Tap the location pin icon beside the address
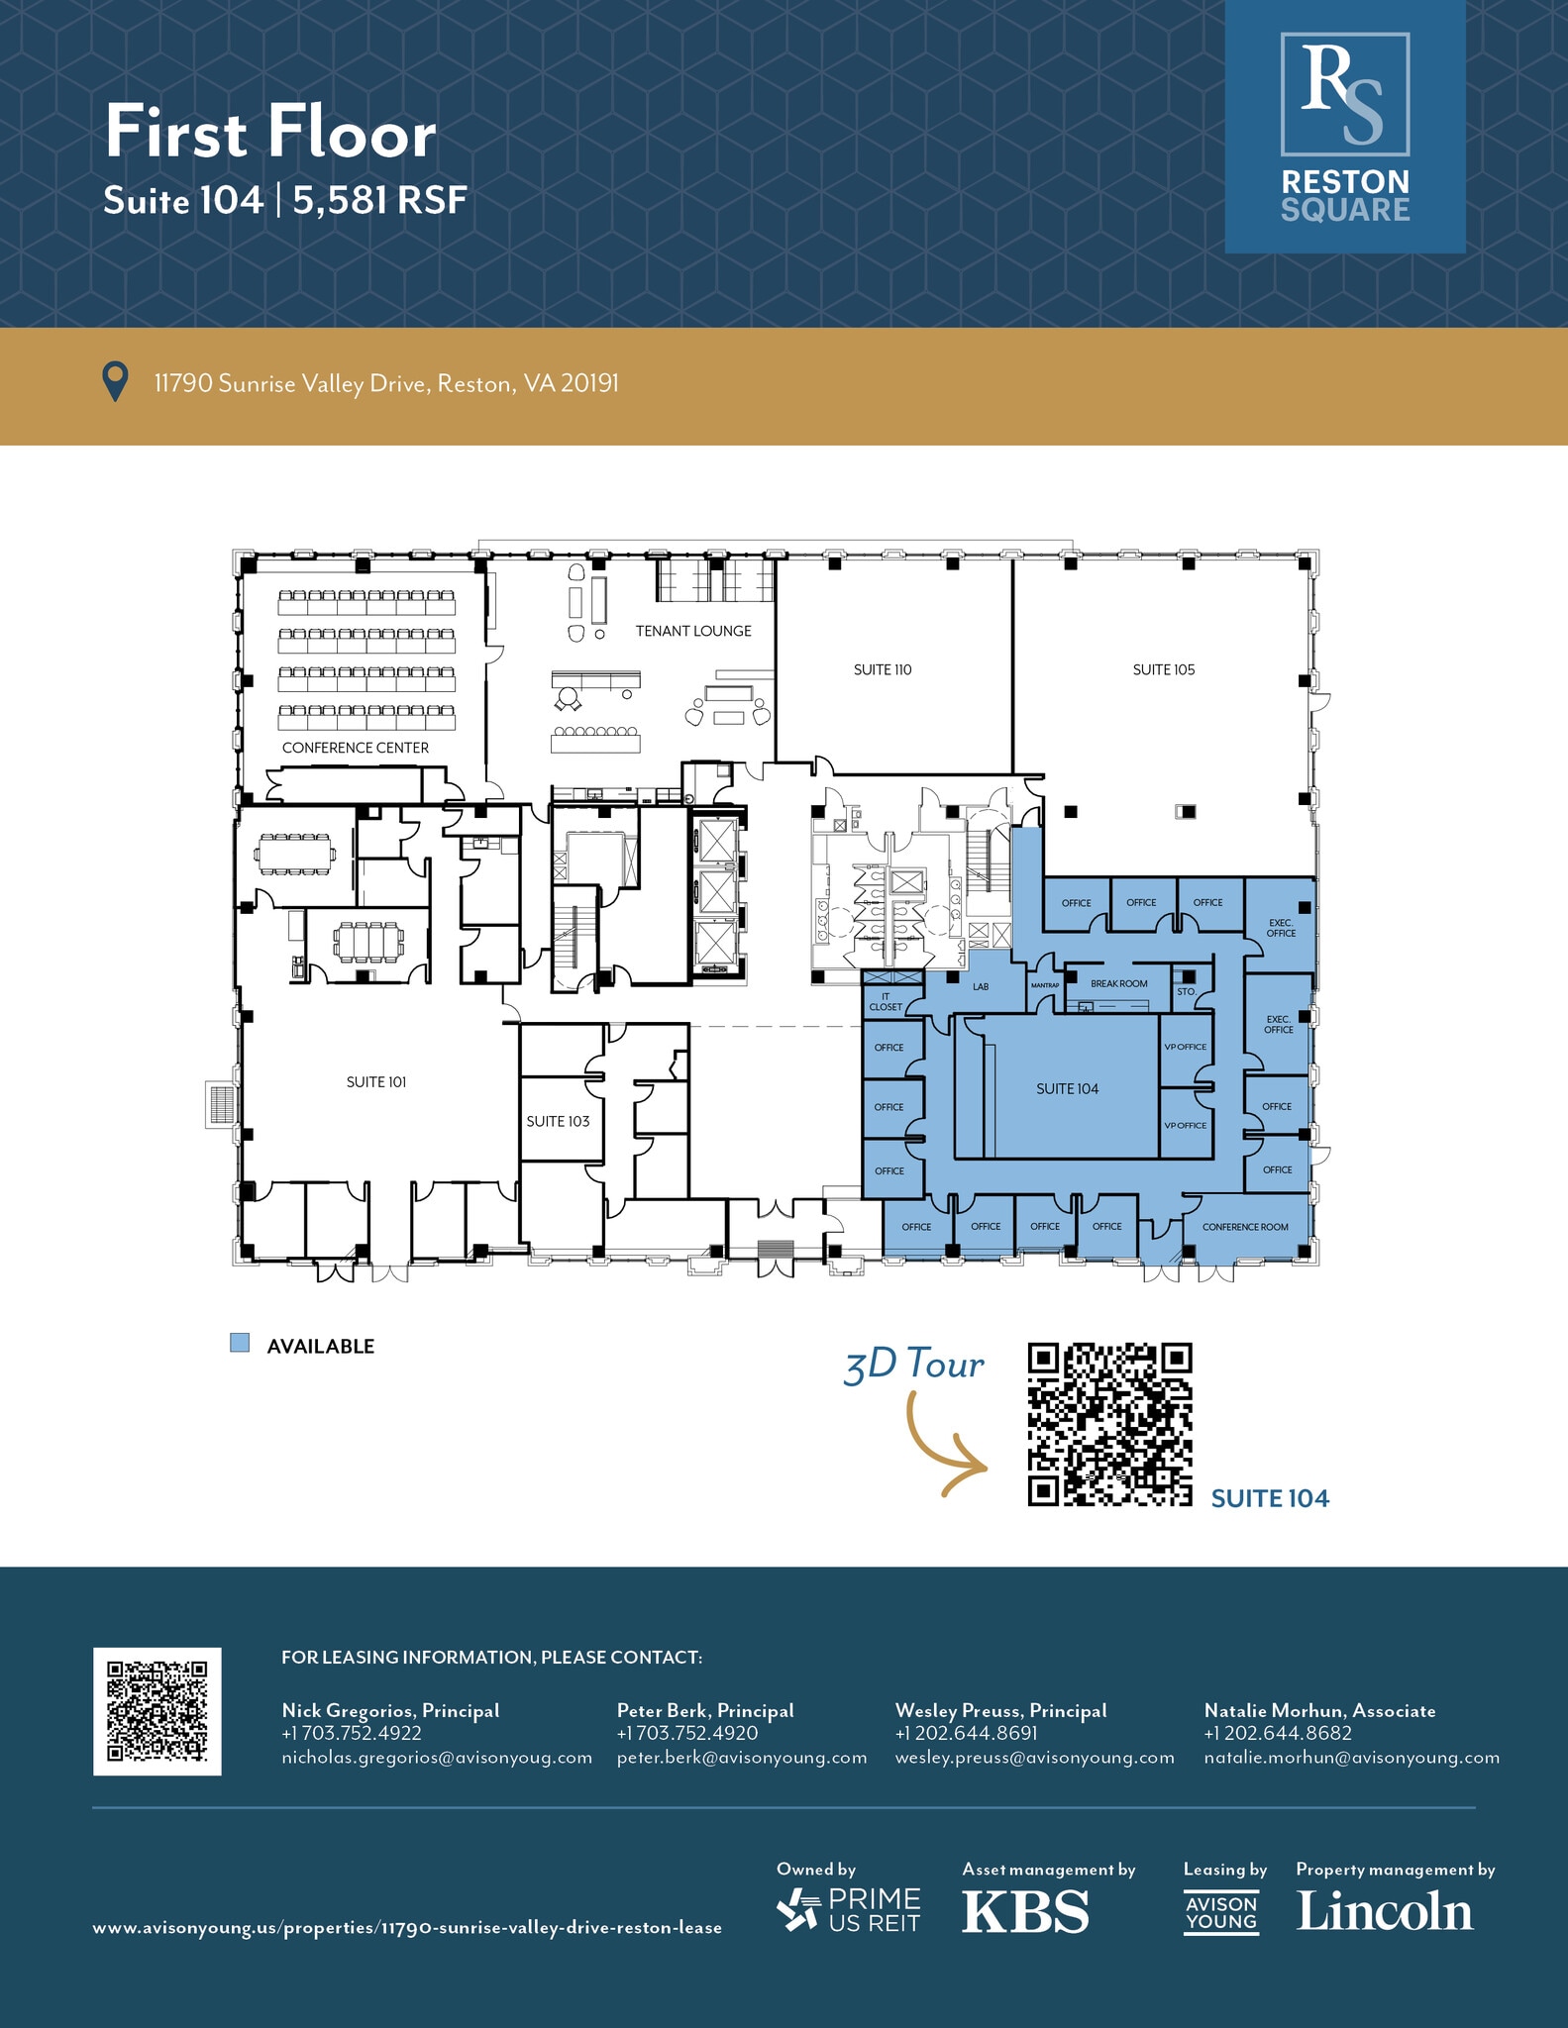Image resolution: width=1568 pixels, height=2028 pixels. click(116, 382)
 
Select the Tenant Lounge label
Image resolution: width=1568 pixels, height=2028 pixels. click(693, 631)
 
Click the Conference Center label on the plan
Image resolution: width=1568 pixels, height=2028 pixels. click(356, 748)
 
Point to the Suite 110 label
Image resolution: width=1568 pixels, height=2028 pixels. click(883, 669)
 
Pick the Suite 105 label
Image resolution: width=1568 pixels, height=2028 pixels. click(1164, 669)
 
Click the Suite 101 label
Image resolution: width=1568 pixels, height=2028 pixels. click(376, 1082)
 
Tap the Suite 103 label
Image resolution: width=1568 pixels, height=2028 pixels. click(558, 1121)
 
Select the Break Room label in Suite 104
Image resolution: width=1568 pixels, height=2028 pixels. click(1118, 983)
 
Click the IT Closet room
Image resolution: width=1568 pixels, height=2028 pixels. click(886, 1002)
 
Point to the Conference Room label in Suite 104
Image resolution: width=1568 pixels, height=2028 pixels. click(1245, 1227)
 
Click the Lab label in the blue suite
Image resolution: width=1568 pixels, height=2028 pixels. click(981, 986)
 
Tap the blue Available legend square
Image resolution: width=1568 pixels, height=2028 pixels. click(240, 1344)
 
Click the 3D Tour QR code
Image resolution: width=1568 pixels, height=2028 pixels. click(1109, 1424)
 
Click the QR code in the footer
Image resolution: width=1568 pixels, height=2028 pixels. click(157, 1711)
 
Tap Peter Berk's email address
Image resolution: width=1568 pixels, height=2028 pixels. click(742, 1758)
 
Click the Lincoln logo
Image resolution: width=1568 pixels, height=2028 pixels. click(1385, 1911)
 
